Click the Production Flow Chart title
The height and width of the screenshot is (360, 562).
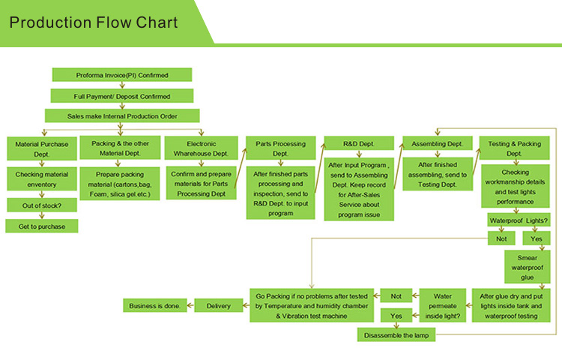click(x=94, y=22)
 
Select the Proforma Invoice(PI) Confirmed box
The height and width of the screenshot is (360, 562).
click(x=121, y=75)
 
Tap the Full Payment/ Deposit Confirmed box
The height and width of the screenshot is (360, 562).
click(x=121, y=96)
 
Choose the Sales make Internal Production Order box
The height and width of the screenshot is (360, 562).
click(x=122, y=115)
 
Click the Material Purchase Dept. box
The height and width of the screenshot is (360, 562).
click(x=41, y=148)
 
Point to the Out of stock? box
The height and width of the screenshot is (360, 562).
click(x=41, y=205)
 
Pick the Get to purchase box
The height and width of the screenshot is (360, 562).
click(x=41, y=226)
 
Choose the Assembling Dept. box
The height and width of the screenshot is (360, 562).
click(x=437, y=143)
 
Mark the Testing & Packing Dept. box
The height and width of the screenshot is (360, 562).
click(x=514, y=148)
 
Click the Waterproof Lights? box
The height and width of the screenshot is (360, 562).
click(x=518, y=220)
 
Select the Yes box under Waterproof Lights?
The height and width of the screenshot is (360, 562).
click(x=536, y=238)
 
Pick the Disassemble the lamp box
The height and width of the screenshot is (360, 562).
click(x=396, y=335)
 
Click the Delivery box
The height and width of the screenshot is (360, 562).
click(x=219, y=305)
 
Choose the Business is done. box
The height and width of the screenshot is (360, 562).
click(x=154, y=305)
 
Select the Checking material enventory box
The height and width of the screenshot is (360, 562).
click(x=41, y=179)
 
